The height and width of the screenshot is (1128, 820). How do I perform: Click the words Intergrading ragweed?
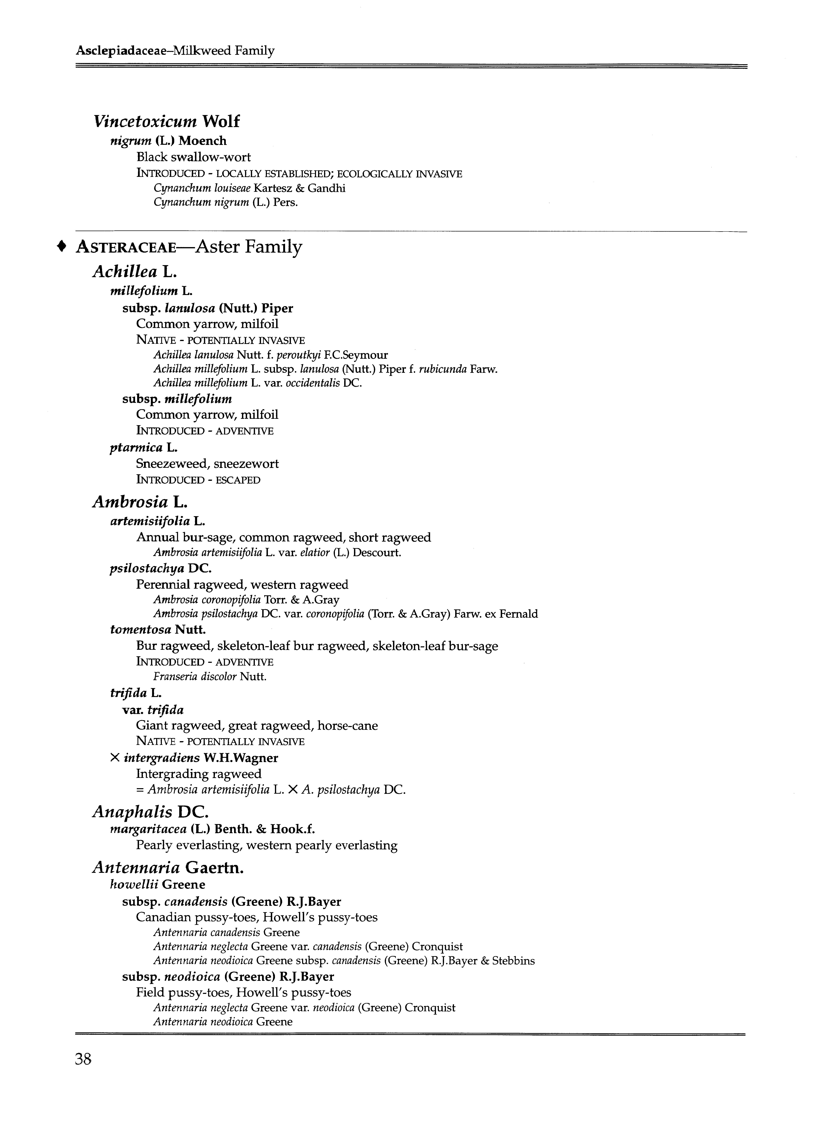(x=198, y=774)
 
